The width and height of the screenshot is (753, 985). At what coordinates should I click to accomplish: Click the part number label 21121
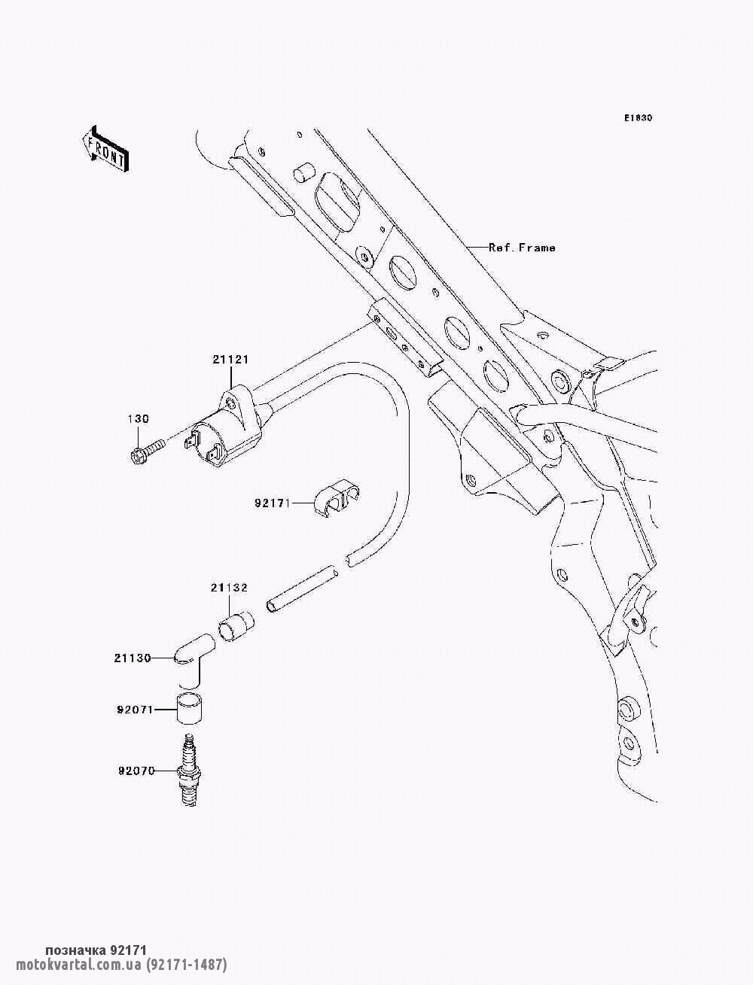coord(230,360)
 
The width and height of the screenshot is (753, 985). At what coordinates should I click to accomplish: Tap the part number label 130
coord(138,419)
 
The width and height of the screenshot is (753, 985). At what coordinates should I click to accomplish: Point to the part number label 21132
coord(229,588)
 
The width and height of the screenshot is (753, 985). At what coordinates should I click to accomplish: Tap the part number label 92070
coord(136,771)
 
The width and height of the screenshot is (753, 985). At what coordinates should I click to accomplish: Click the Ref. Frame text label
coord(522,248)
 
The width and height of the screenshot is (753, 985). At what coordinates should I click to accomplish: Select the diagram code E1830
coord(637,118)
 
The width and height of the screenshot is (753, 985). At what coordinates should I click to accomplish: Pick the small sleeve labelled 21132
coord(236,627)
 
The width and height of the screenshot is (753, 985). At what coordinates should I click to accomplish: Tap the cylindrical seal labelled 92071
coord(193,709)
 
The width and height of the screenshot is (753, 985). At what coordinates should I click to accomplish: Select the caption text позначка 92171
coord(95,950)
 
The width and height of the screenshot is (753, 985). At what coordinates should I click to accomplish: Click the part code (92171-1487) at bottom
coord(187,965)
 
